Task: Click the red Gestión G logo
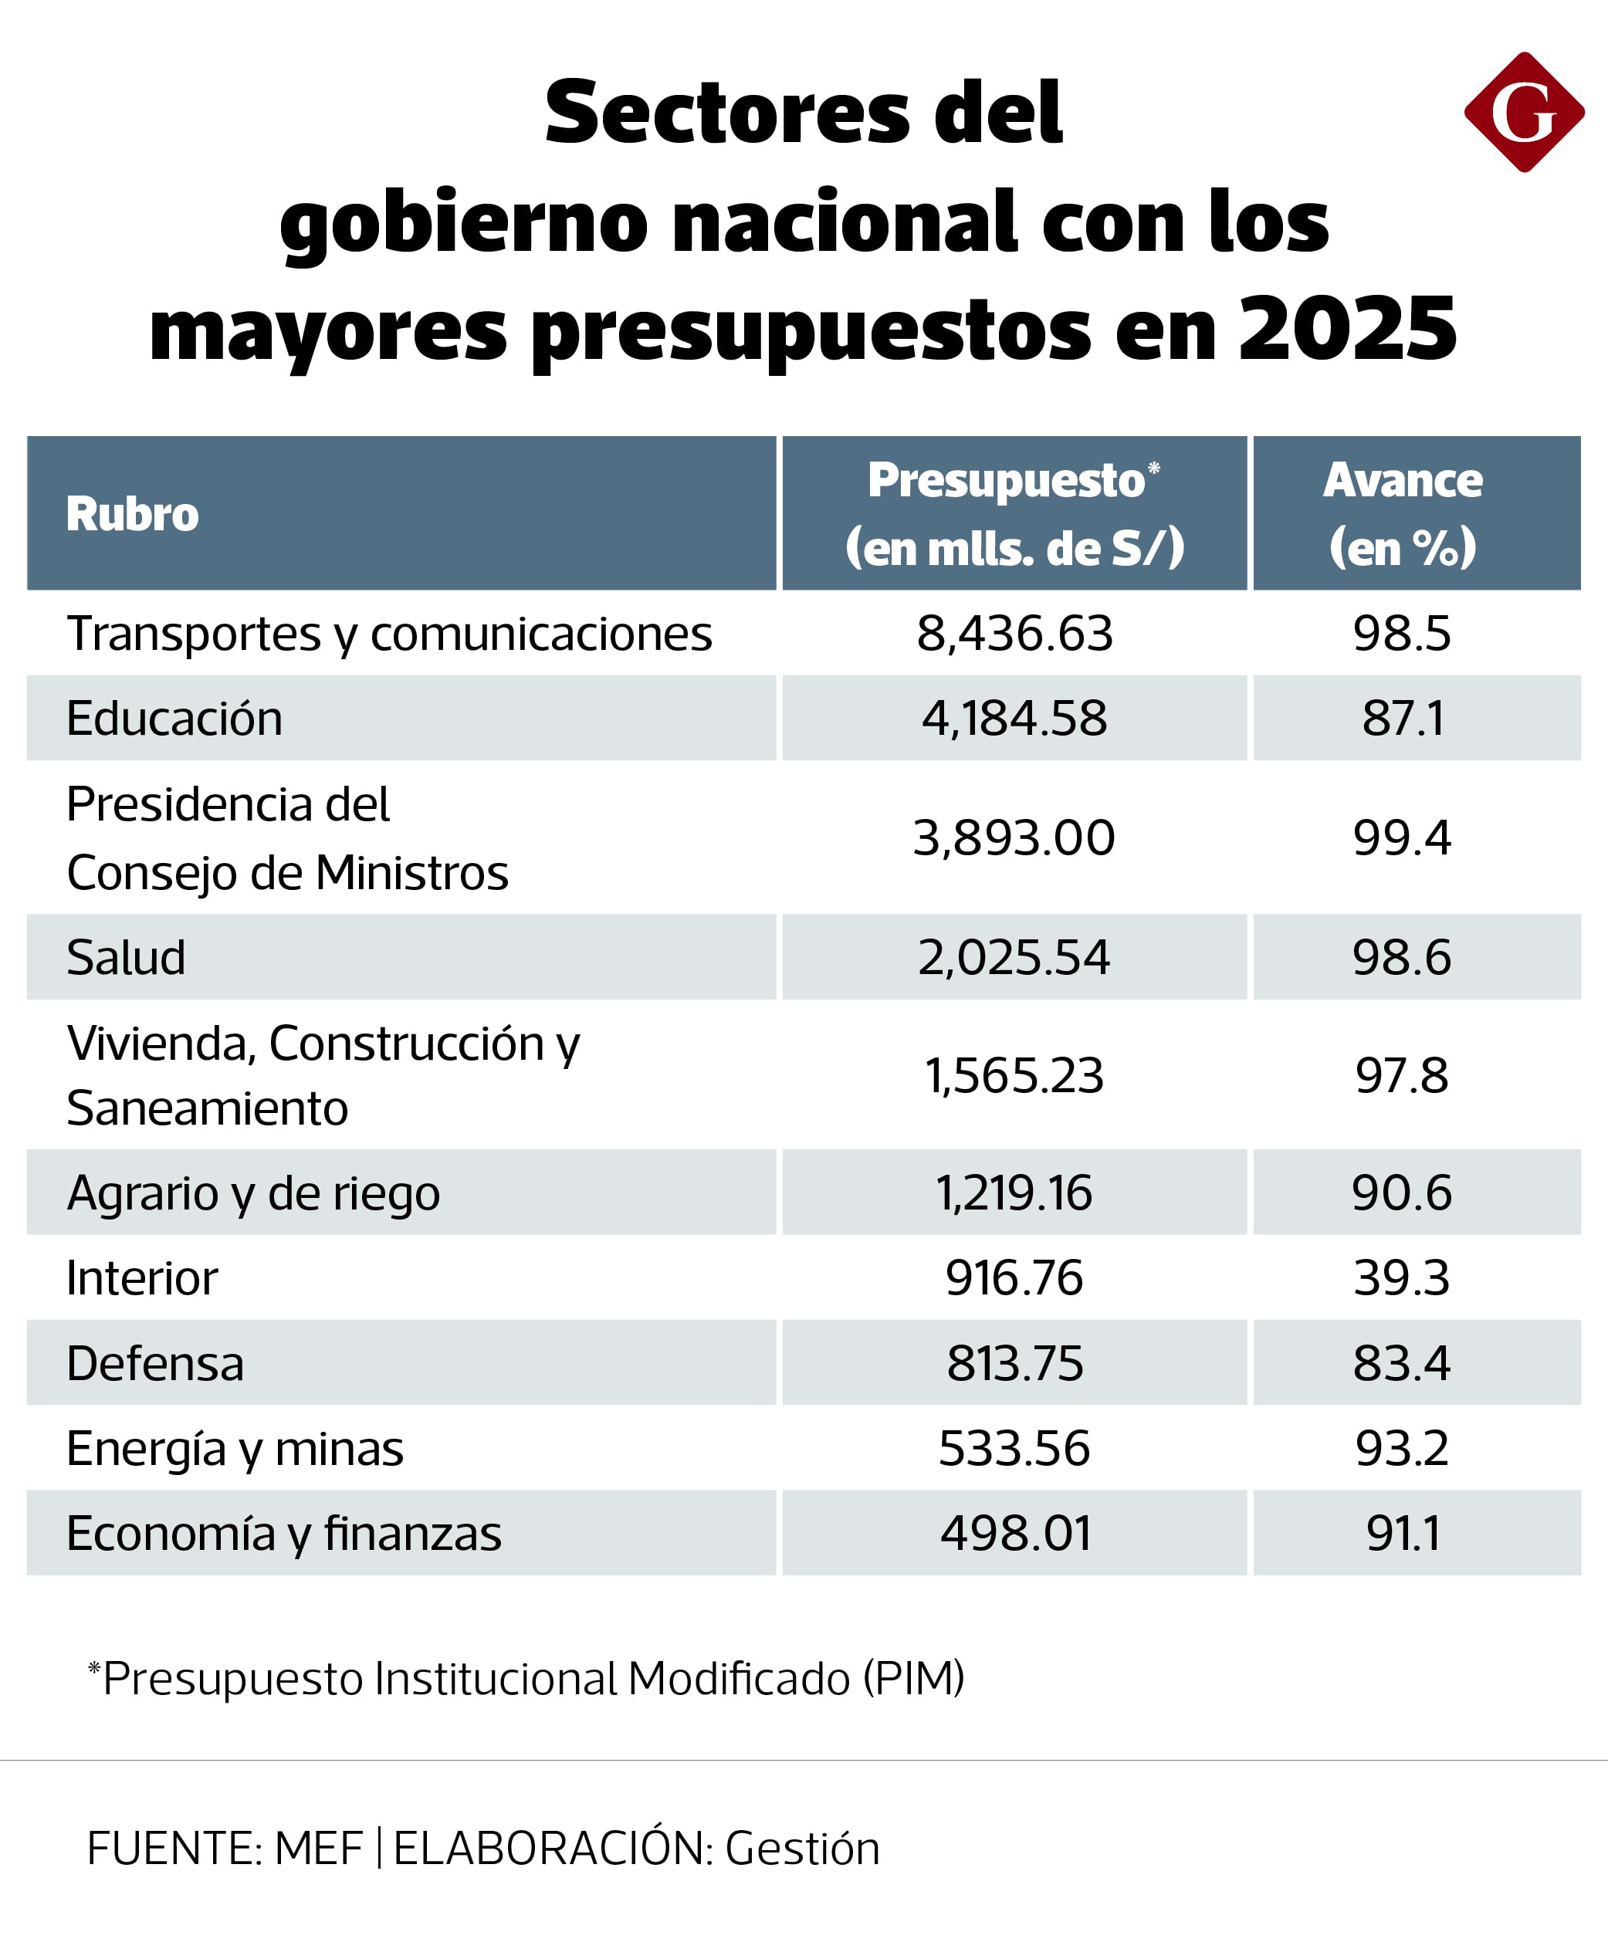click(x=1524, y=112)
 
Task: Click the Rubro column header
click(x=133, y=514)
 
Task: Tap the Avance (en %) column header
click(x=1403, y=513)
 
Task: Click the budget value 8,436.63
click(x=1014, y=634)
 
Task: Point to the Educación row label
click(x=174, y=719)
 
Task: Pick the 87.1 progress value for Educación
click(x=1403, y=719)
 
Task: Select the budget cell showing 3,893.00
click(x=1014, y=838)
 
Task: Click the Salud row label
click(x=126, y=958)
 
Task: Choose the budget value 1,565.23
click(x=1014, y=1076)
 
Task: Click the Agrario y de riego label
click(x=253, y=1193)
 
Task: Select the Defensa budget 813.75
click(x=1014, y=1363)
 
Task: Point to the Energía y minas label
click(x=235, y=1449)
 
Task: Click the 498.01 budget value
click(x=1015, y=1534)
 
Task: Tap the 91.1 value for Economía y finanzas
click(x=1403, y=1534)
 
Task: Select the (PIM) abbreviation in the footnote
click(x=913, y=1678)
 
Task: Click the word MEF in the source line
click(x=319, y=1848)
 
